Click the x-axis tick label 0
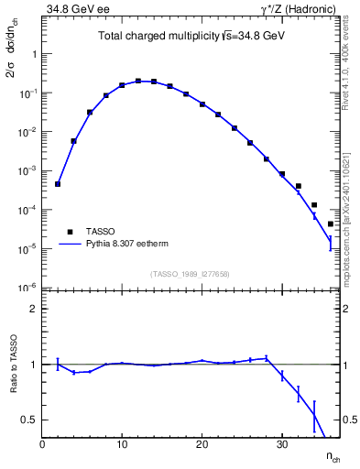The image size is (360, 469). point(42,444)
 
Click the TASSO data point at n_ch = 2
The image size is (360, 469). point(58,184)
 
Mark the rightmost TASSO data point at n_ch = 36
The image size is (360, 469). point(330,224)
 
